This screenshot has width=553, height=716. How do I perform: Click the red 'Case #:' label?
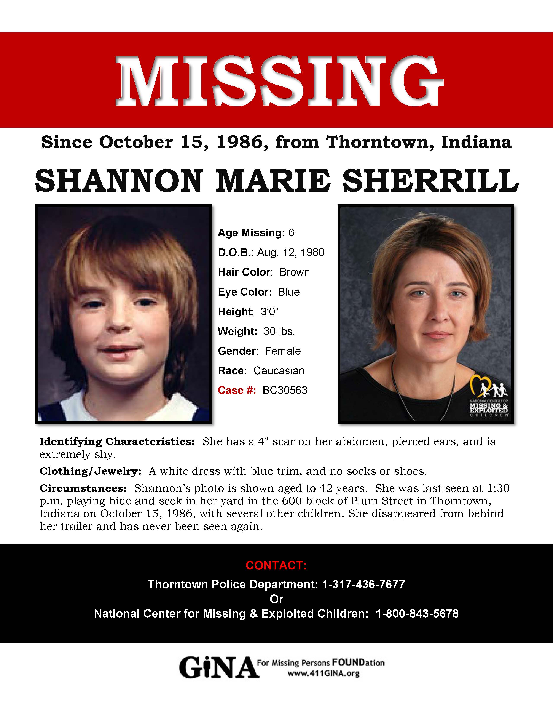(x=237, y=390)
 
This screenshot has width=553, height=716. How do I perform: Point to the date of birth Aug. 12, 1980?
(x=291, y=252)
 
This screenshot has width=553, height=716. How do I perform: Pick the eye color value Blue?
(x=289, y=292)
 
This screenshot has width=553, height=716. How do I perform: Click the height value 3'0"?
(x=269, y=311)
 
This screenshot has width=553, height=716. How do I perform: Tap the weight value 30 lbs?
(x=279, y=331)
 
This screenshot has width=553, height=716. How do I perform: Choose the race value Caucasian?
(x=279, y=370)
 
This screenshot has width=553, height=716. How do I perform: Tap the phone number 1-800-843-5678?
(x=417, y=613)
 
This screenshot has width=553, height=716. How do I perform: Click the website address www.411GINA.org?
(x=323, y=673)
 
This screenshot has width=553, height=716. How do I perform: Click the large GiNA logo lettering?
(x=218, y=668)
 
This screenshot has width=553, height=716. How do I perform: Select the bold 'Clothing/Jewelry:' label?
(x=90, y=471)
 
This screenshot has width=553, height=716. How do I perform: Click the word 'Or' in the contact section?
(x=276, y=599)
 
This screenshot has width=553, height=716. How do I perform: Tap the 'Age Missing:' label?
(x=251, y=232)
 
